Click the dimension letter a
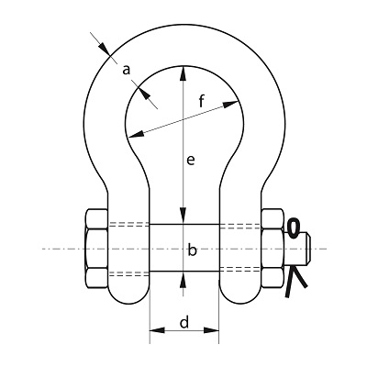click(126, 71)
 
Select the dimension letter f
click(201, 101)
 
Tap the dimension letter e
click(191, 160)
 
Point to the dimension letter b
click(192, 250)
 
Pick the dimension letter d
click(184, 322)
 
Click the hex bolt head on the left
click(96, 249)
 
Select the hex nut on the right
click(272, 249)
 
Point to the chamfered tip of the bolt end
click(309, 249)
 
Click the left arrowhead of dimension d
click(157, 330)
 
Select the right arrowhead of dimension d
click(212, 330)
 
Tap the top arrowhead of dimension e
click(183, 73)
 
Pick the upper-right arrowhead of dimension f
click(230, 104)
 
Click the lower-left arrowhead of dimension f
click(136, 134)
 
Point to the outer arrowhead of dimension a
click(104, 49)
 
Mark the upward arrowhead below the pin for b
click(183, 279)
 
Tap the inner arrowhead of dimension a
click(144, 93)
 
